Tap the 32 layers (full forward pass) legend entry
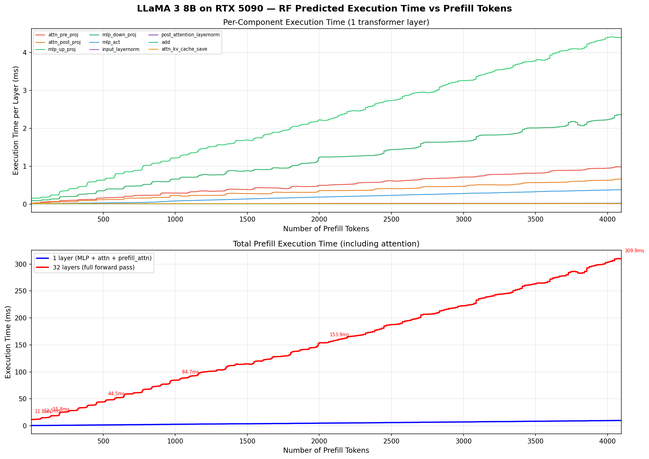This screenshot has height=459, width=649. pos(94,268)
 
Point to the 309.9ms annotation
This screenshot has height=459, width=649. pos(634,251)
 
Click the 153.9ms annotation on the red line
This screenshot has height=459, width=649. pos(339,335)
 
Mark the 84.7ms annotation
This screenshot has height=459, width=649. pos(190,372)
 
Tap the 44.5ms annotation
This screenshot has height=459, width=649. pos(116,394)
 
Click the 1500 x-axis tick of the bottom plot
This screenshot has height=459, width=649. pos(247,440)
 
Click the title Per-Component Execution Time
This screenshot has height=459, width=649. pos(326,22)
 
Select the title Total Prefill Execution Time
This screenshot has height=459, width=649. pos(326,244)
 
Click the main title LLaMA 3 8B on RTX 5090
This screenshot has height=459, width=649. pos(324,9)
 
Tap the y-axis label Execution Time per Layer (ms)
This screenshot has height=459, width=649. pos(16,121)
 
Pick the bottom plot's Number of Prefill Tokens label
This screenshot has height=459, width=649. pos(326,451)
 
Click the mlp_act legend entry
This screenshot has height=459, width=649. pos(120,42)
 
